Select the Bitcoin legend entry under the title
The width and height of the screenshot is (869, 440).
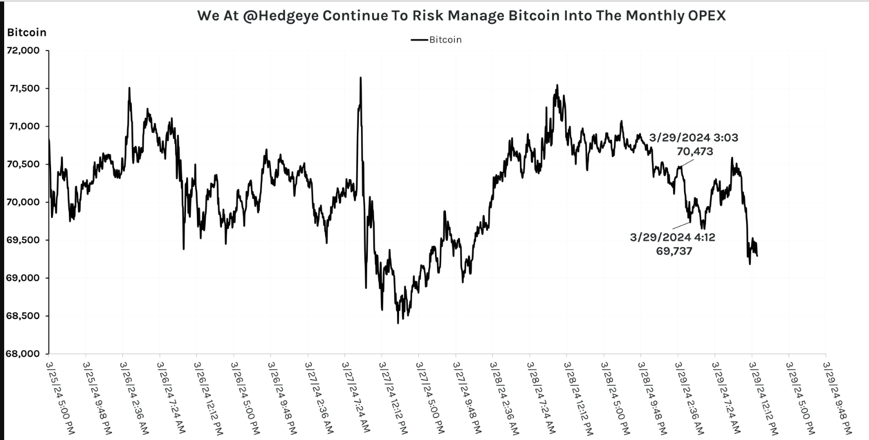point(444,40)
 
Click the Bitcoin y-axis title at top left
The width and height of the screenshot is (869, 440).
point(27,32)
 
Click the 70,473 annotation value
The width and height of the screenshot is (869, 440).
point(694,152)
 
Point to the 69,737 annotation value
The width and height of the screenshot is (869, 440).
point(674,251)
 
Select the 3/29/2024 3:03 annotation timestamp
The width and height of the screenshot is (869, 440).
point(693,138)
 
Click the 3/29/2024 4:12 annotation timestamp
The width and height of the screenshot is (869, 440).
point(673,237)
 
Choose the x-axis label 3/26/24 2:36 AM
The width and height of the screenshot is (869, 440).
point(135,394)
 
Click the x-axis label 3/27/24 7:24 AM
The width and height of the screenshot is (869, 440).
point(357,394)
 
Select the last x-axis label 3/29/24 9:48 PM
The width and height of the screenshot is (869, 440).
point(838,394)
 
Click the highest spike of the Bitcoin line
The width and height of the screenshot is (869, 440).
point(361,78)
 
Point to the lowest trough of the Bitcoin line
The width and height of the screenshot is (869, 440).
point(398,323)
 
